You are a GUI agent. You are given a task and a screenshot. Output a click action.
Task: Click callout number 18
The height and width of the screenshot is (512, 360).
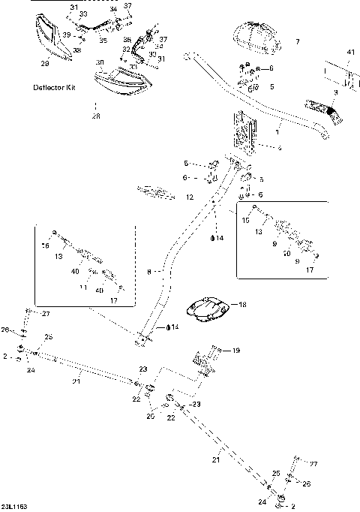(242, 305)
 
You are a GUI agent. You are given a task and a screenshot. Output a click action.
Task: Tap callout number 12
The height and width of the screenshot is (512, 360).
(190, 197)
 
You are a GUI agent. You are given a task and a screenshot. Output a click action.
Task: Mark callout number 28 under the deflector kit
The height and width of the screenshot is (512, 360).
(95, 116)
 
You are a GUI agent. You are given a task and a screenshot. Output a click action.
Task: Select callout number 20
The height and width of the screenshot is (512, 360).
(150, 415)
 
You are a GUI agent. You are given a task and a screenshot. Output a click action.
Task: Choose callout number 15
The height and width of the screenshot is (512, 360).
(244, 221)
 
